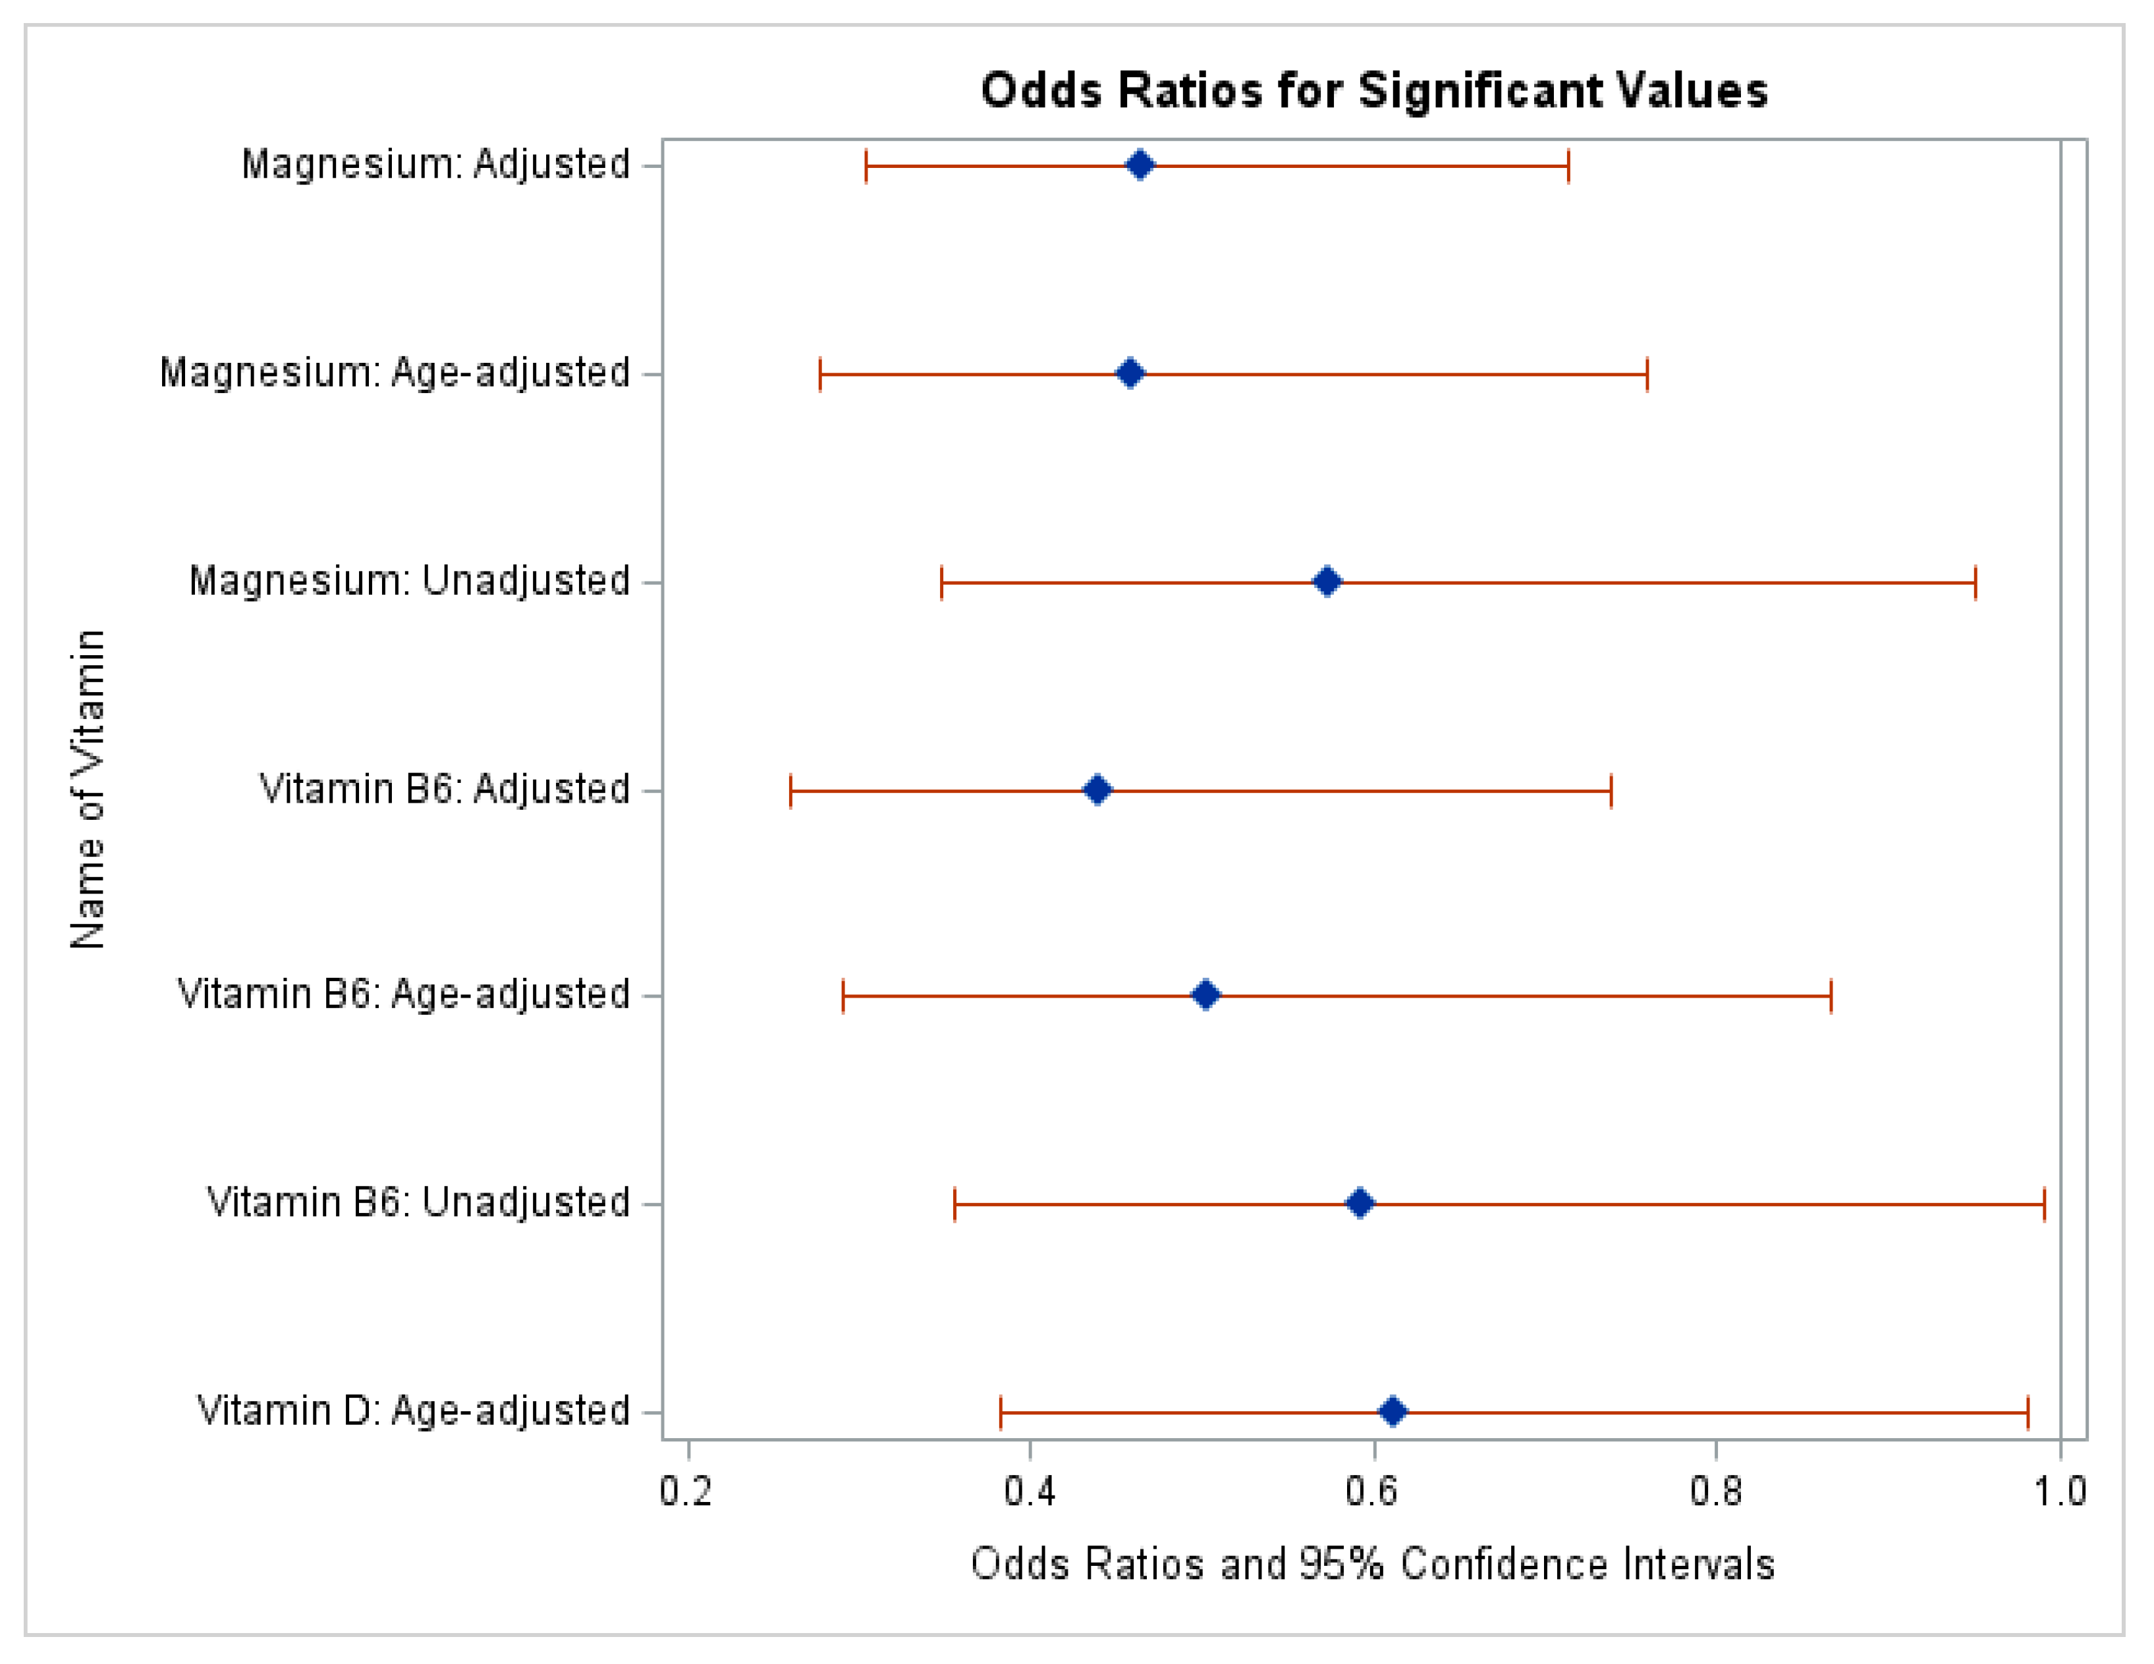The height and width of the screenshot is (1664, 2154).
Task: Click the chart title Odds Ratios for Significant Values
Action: (x=1373, y=91)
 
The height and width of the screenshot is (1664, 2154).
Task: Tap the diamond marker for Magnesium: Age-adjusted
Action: (x=1130, y=373)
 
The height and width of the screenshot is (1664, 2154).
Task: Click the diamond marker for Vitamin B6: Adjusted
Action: (x=1097, y=791)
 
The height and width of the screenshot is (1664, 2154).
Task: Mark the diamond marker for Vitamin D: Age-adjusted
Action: (x=1393, y=1412)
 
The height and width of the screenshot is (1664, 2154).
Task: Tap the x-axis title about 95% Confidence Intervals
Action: (x=1373, y=1565)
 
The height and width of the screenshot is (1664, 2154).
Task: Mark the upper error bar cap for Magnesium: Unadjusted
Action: (x=1975, y=583)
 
